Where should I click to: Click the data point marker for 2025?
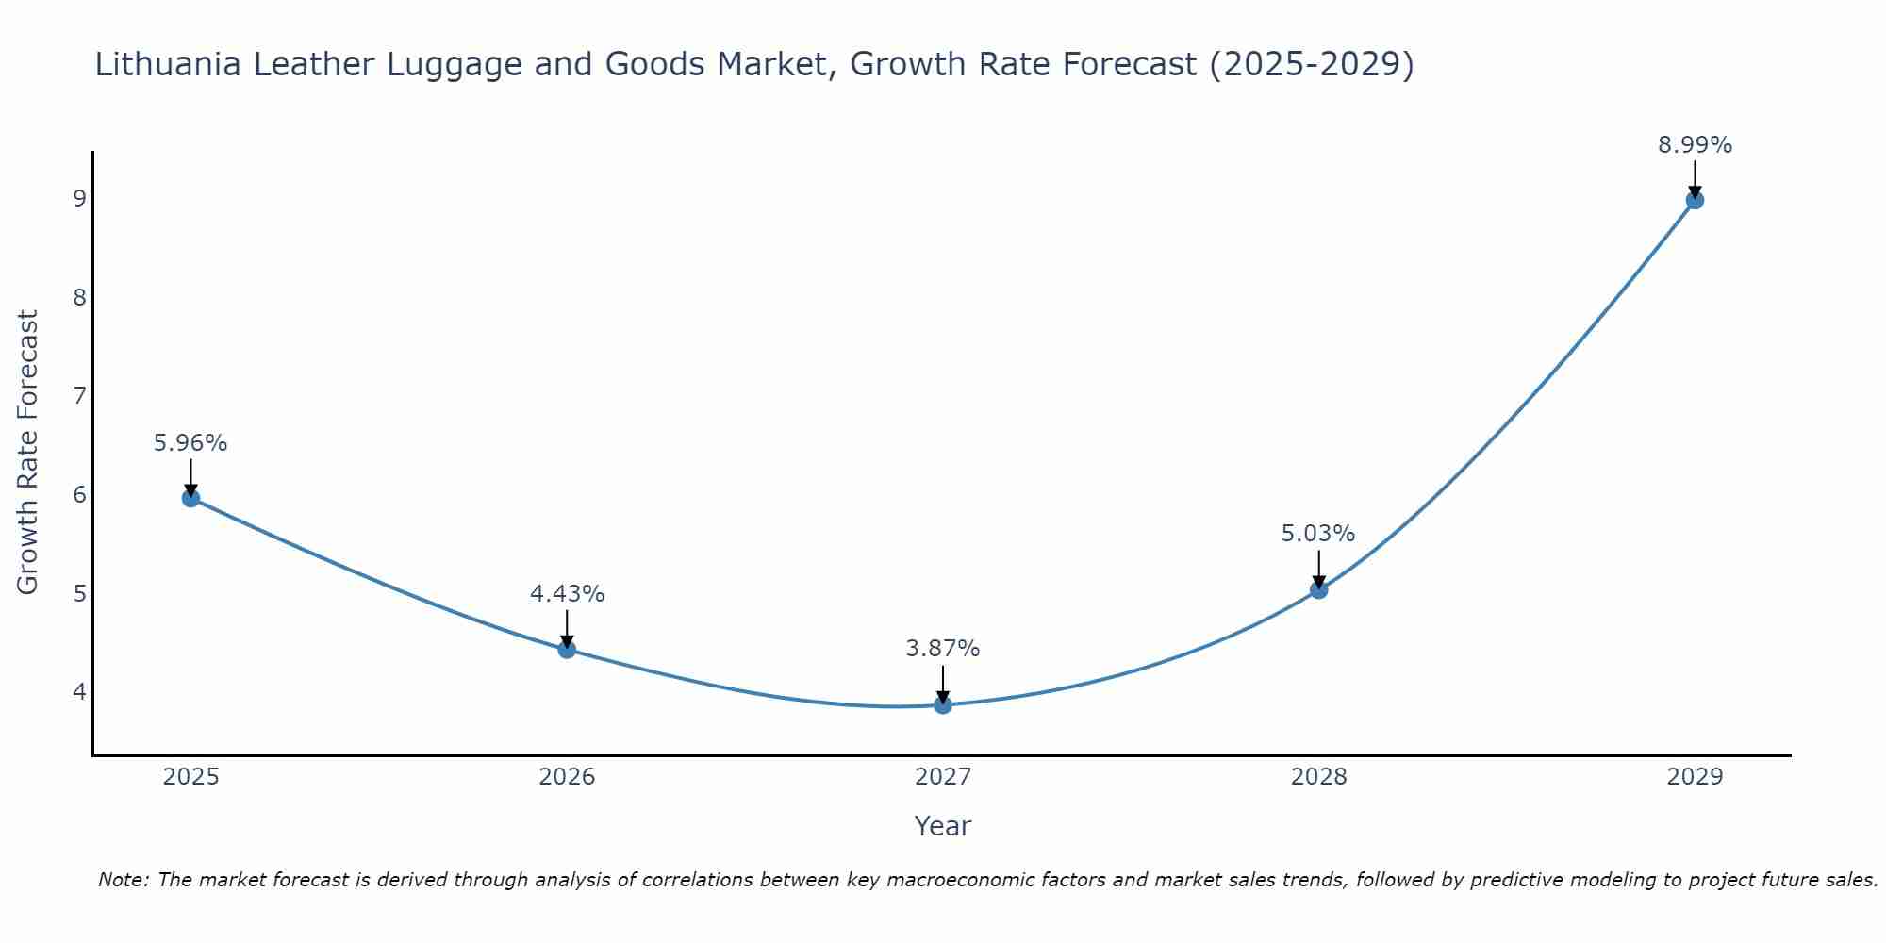[x=190, y=498]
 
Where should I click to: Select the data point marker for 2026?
[x=567, y=649]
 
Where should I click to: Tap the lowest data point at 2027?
[x=943, y=704]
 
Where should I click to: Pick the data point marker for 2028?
[x=1318, y=589]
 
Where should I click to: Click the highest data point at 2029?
[x=1695, y=200]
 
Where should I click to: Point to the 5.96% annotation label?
[x=190, y=443]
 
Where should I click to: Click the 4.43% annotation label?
[x=567, y=594]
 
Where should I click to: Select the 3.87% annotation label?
[x=943, y=649]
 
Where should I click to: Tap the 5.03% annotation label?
[x=1318, y=534]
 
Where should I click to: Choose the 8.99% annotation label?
[x=1695, y=145]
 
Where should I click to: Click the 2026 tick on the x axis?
[x=567, y=777]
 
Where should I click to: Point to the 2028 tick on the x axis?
[x=1318, y=777]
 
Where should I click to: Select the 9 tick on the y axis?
[x=79, y=198]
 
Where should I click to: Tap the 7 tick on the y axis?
[x=79, y=395]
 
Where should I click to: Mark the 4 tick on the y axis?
[x=79, y=691]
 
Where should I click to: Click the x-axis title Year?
[x=943, y=826]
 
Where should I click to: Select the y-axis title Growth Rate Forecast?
[x=28, y=453]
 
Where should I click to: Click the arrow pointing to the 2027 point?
[x=943, y=684]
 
